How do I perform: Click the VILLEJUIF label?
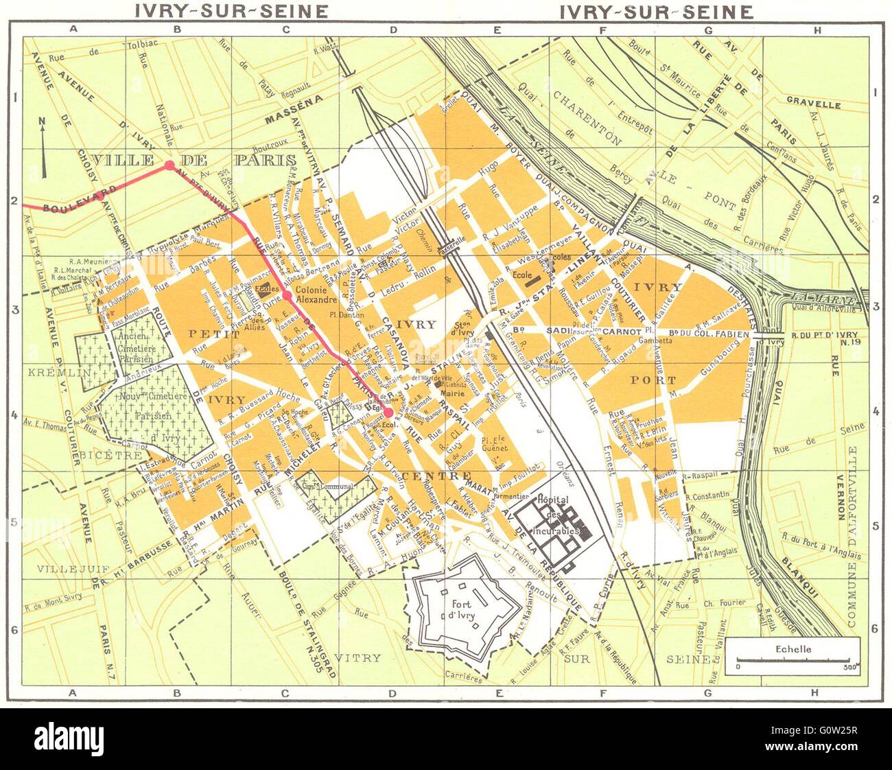[64, 568]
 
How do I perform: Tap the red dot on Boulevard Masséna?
[169, 165]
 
